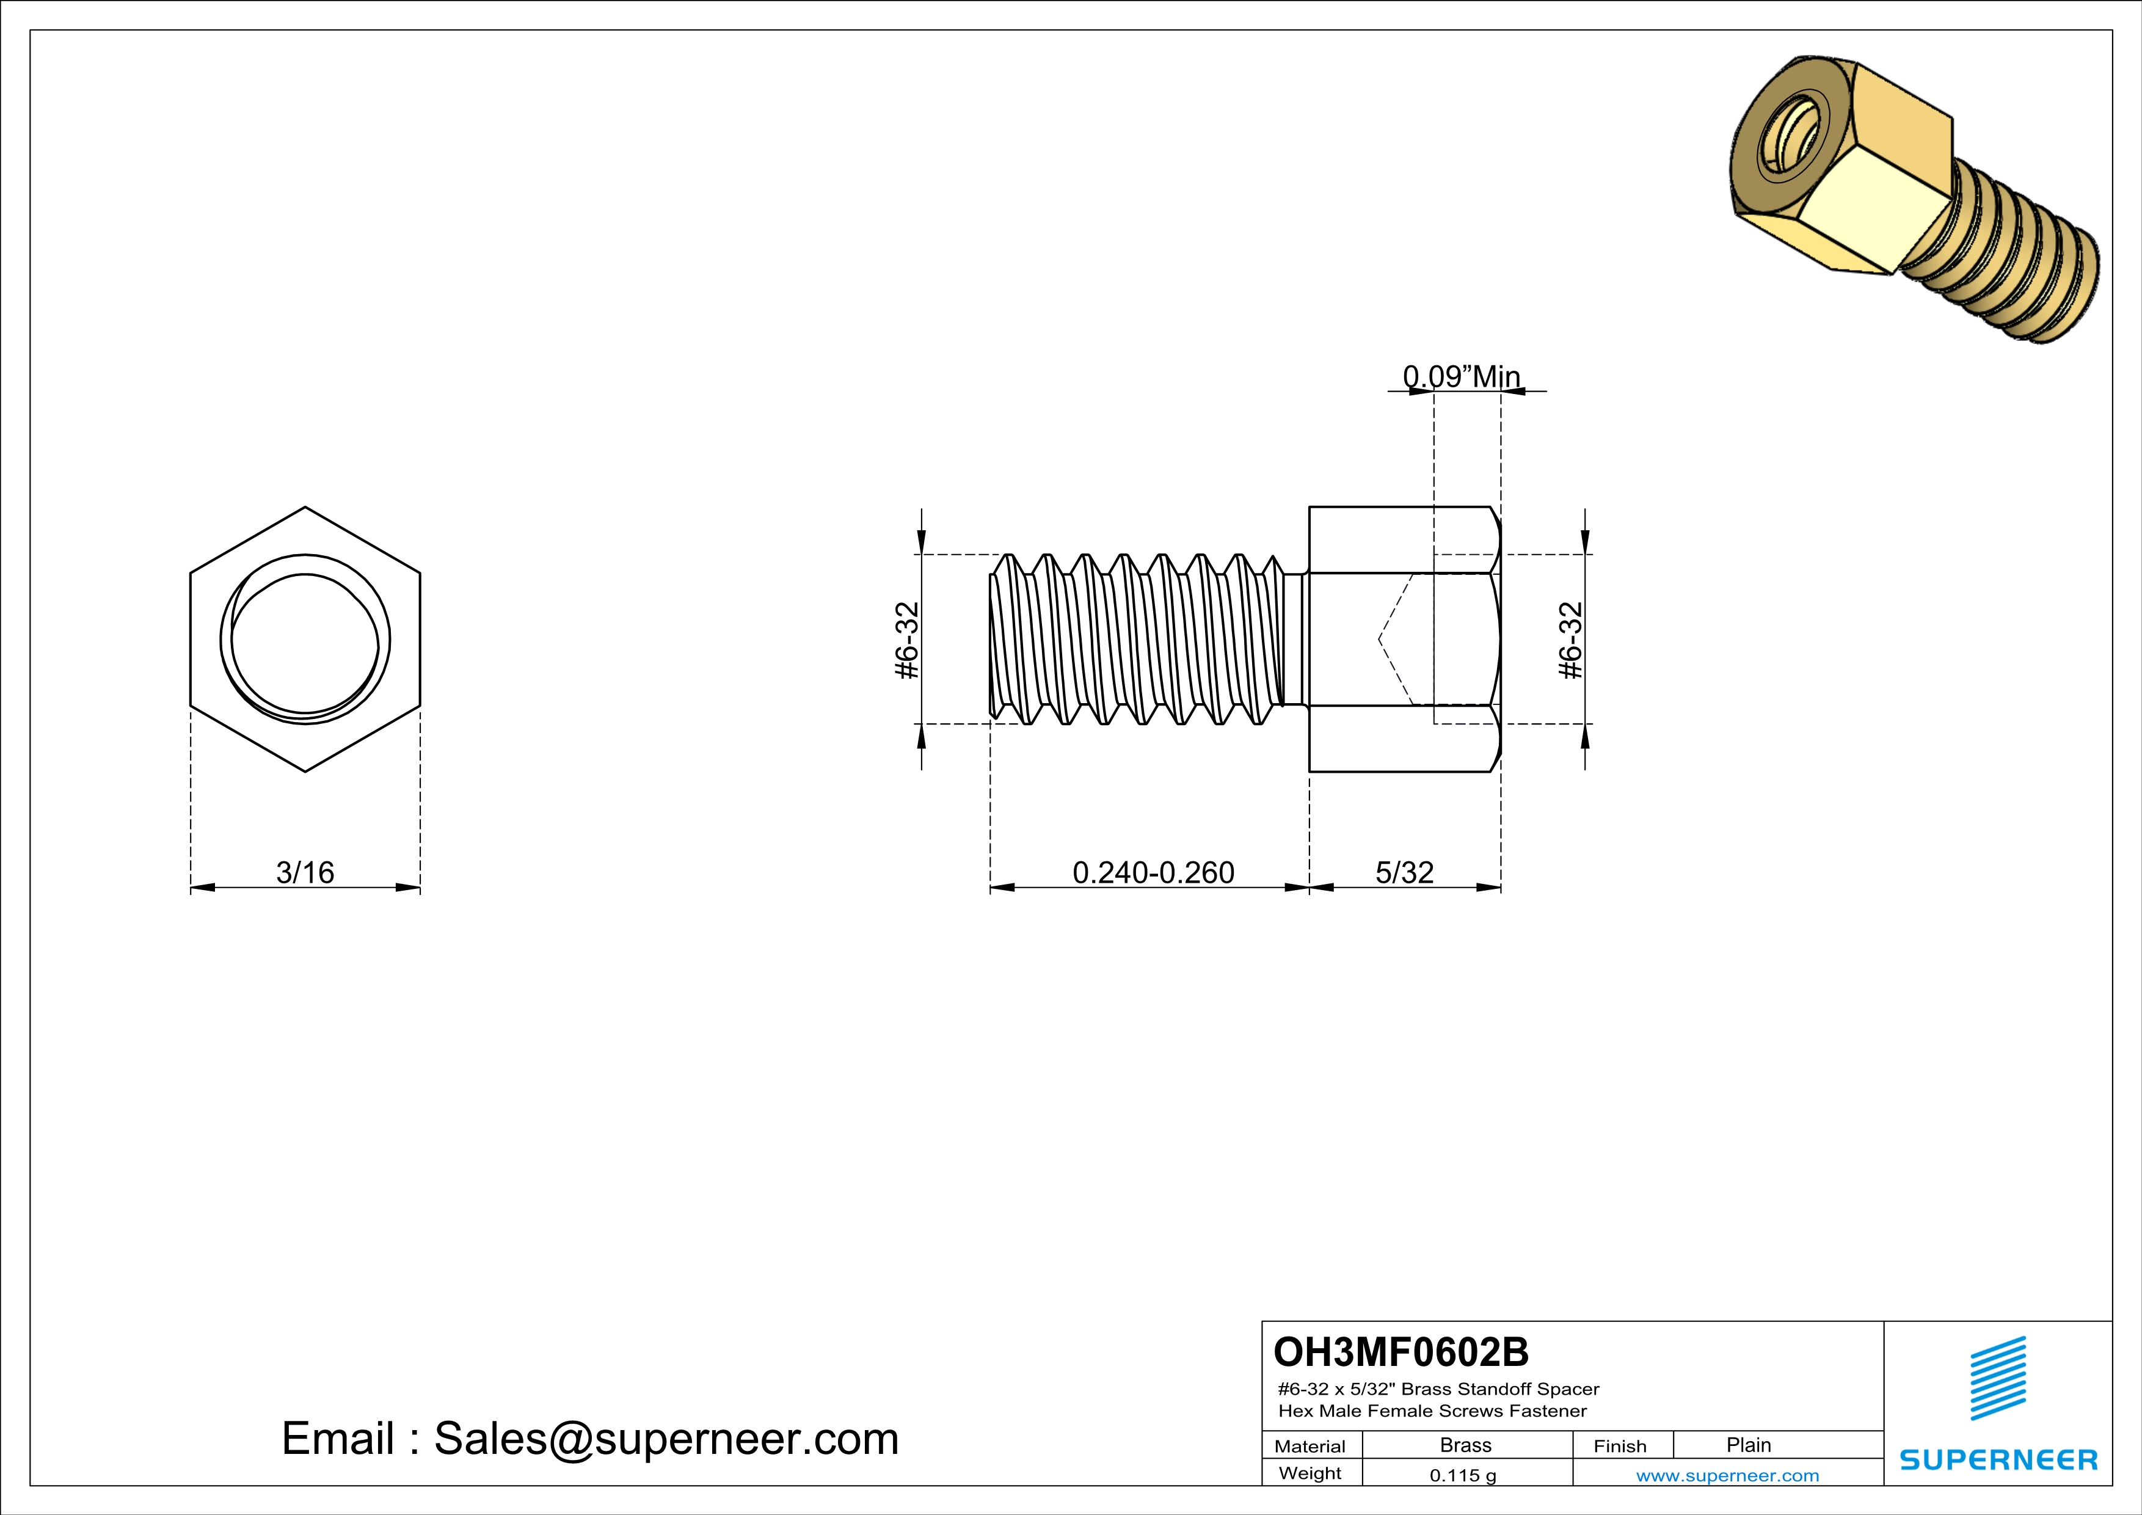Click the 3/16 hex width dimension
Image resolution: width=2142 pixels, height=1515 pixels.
pyautogui.click(x=305, y=872)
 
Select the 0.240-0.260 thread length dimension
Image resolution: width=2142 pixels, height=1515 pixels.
pyautogui.click(x=1153, y=872)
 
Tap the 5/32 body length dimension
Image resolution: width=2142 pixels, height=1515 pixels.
pyautogui.click(x=1404, y=872)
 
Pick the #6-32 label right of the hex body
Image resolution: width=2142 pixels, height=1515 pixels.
pyautogui.click(x=1571, y=640)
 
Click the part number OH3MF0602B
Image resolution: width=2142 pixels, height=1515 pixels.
pyautogui.click(x=1401, y=1352)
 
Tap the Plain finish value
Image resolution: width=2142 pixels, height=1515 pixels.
pyautogui.click(x=1747, y=1445)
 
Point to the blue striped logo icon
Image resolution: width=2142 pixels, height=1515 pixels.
pyautogui.click(x=1997, y=1378)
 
